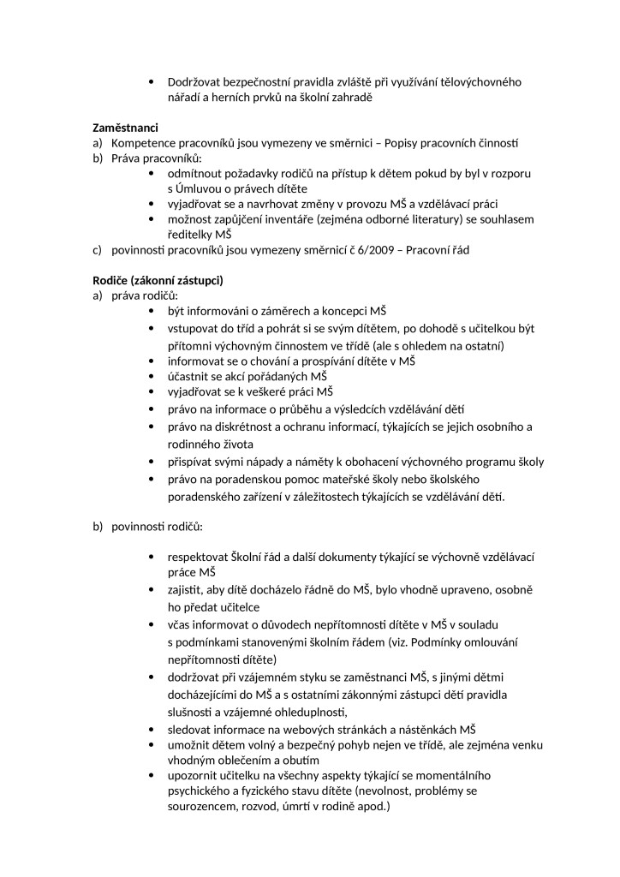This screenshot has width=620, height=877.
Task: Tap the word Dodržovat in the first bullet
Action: (196, 82)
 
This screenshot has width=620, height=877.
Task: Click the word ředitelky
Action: (190, 234)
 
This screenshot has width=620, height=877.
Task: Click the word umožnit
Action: (191, 745)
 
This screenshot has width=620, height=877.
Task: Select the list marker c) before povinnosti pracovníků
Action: (98, 250)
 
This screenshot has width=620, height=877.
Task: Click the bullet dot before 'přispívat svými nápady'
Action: (152, 462)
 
